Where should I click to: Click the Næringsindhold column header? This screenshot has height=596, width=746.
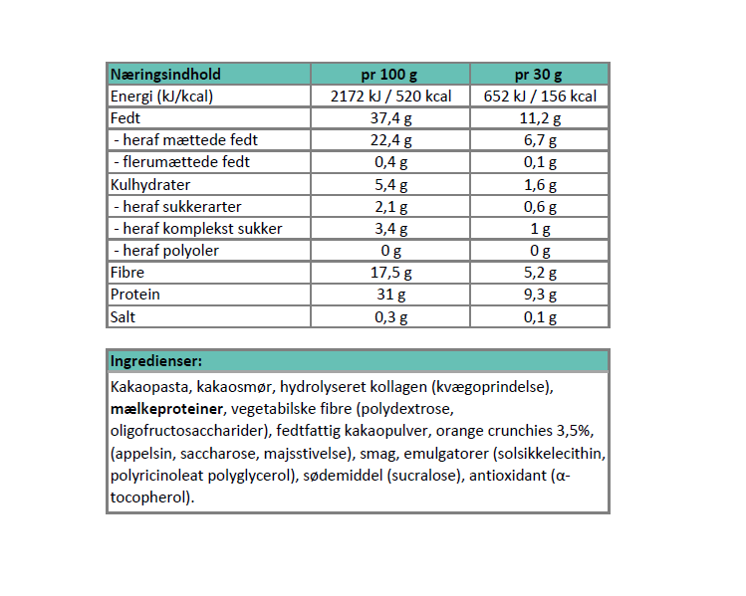[166, 75]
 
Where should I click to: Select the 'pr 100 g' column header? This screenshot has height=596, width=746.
[390, 75]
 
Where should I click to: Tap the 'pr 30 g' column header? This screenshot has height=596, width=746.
[539, 75]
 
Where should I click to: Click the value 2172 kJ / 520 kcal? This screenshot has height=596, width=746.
[390, 97]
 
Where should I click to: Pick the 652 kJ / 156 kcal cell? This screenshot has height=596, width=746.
[539, 97]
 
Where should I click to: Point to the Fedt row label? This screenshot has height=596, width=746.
[125, 118]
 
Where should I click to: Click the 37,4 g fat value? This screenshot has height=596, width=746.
[390, 118]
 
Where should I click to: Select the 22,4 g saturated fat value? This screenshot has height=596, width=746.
[390, 140]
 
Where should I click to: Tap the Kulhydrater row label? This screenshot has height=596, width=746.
[150, 184]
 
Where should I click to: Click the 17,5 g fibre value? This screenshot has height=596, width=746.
[390, 272]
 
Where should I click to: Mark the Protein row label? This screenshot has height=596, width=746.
[135, 295]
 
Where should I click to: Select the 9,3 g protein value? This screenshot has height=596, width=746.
[539, 295]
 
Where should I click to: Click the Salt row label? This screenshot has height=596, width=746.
[124, 316]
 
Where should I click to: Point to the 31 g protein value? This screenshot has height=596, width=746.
[390, 295]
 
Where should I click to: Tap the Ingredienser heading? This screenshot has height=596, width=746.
[156, 360]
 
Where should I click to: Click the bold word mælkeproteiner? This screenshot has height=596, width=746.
[165, 408]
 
